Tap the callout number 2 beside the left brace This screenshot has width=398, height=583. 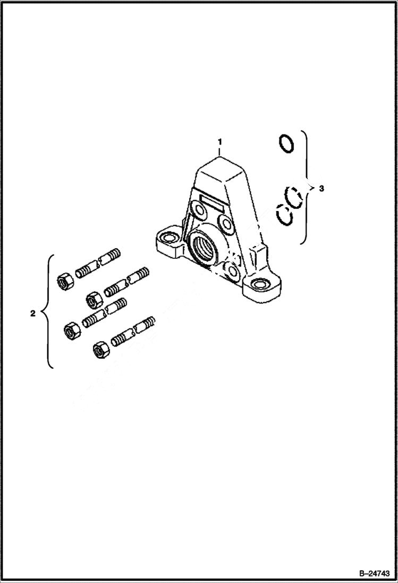33,314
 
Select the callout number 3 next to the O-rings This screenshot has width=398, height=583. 320,188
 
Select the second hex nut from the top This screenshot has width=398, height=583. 94,299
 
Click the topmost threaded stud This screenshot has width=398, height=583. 99,264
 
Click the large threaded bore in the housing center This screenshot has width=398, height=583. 205,247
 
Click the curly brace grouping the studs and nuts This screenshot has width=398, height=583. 49,312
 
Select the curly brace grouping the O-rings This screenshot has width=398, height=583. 305,187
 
